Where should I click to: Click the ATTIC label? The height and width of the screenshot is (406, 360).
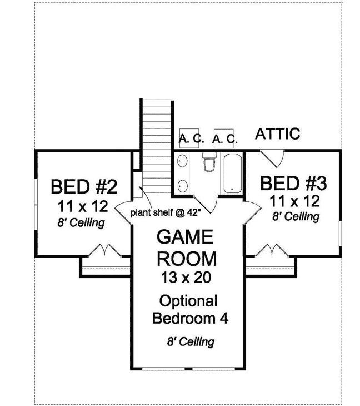pos(278,133)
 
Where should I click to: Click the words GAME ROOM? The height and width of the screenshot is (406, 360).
pos(185,248)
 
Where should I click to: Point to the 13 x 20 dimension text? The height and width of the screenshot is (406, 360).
pos(185,276)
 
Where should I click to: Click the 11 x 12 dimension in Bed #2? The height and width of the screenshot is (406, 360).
pos(82,207)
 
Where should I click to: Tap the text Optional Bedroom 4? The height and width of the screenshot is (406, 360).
pos(188,310)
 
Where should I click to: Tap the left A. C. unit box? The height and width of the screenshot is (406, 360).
pos(191,138)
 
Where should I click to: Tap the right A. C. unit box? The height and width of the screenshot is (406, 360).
pos(226,138)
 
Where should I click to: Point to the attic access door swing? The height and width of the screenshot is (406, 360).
pos(273,156)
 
